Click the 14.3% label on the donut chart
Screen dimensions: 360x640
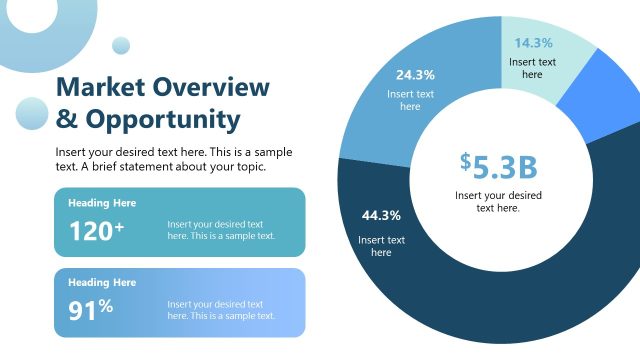pos(533,43)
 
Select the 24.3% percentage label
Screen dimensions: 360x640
pos(415,75)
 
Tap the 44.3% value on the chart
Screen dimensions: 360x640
pos(381,215)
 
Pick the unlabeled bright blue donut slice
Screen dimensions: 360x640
pos(590,96)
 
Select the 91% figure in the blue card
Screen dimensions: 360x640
pos(91,310)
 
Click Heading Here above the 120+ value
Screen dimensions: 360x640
pos(102,203)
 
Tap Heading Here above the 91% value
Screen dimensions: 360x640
pos(102,283)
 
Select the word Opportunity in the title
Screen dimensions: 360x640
pos(163,120)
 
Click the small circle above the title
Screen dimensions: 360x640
pos(122,45)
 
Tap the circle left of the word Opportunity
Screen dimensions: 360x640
pos(32,114)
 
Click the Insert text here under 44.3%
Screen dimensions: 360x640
pos(381,246)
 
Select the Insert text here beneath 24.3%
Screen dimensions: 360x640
pos(410,100)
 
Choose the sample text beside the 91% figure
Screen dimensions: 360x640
pos(220,310)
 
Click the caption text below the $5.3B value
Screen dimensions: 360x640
pos(498,201)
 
